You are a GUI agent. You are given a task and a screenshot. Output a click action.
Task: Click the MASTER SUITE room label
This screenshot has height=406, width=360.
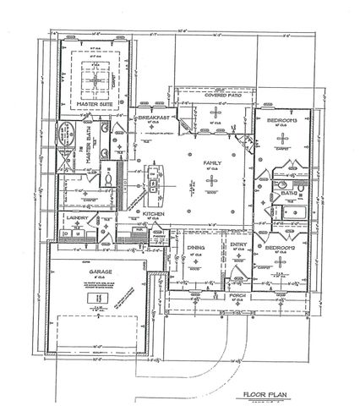coord(94,103)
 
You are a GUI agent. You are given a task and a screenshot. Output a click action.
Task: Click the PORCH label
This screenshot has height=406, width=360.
coord(237,295)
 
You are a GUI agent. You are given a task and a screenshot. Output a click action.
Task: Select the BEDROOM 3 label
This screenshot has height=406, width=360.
coord(280,121)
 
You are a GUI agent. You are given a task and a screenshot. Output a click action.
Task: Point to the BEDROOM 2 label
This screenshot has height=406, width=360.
coord(280,250)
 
